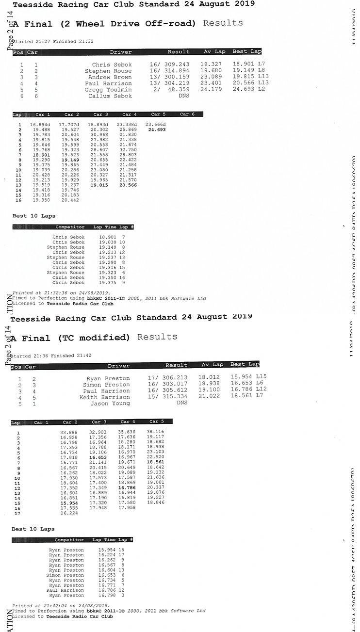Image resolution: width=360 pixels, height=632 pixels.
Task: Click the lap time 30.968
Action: pyautogui.click(x=98, y=134)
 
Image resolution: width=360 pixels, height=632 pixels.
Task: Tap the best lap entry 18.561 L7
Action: pyautogui.click(x=247, y=397)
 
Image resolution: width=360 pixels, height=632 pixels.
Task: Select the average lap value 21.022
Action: pyautogui.click(x=210, y=397)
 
